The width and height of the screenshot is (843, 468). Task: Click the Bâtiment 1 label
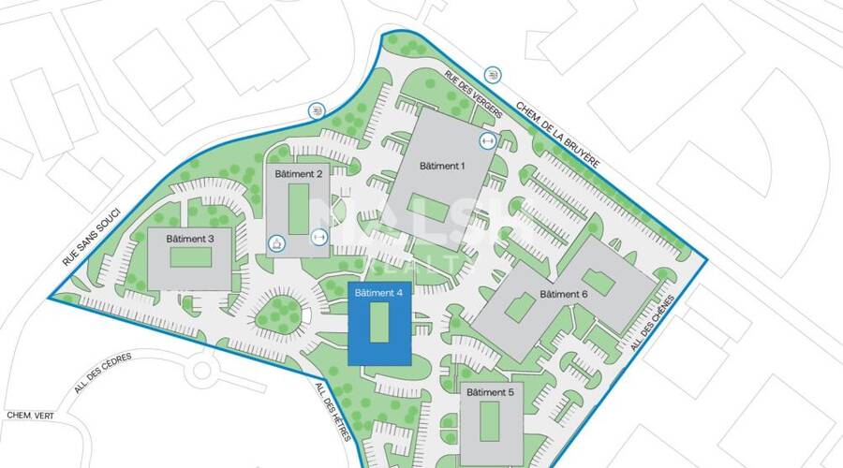[x=442, y=166]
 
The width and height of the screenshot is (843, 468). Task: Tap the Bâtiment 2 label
[x=300, y=174]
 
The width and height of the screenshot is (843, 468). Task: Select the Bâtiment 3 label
[x=190, y=239]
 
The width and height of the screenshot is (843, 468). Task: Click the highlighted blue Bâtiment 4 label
[x=379, y=293]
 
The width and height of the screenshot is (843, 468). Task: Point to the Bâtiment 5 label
[x=490, y=392]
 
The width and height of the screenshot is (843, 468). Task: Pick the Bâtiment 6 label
[x=564, y=295]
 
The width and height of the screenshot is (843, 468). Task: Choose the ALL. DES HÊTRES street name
[x=333, y=413]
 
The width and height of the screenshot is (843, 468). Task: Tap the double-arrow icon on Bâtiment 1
[x=487, y=141]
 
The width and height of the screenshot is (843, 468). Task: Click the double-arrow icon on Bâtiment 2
[x=319, y=237]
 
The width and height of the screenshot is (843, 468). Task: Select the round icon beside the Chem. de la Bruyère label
[x=493, y=74]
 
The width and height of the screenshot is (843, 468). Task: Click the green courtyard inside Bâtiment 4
[x=378, y=324]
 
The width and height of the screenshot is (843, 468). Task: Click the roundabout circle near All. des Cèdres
[x=200, y=372]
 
